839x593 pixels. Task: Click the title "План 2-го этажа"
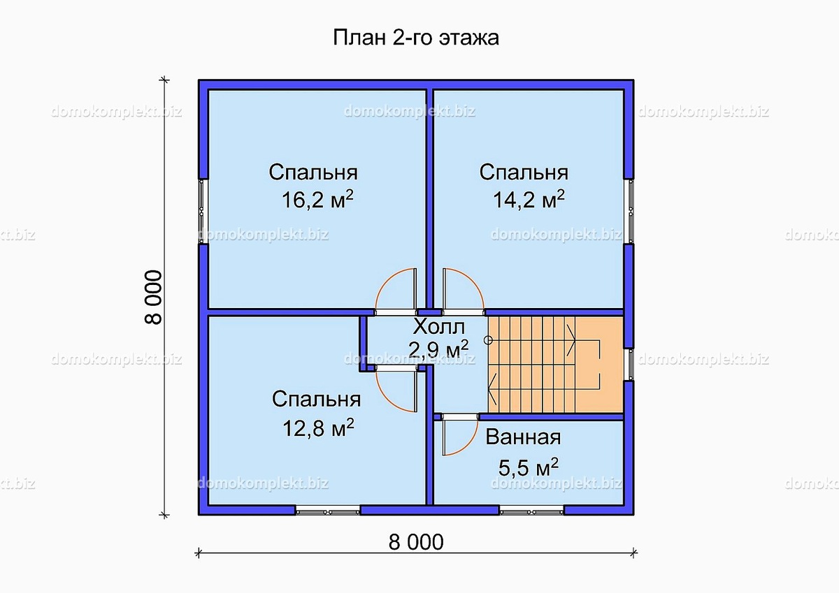(415, 38)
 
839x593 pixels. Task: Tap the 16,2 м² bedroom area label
(317, 200)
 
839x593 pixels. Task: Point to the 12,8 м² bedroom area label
(317, 427)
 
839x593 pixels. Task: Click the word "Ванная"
(523, 438)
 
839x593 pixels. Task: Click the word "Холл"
(438, 327)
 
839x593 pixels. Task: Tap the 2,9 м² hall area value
(438, 349)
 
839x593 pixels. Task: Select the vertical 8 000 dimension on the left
(153, 296)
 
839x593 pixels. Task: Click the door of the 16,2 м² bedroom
(396, 292)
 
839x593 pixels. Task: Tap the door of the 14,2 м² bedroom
(461, 292)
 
